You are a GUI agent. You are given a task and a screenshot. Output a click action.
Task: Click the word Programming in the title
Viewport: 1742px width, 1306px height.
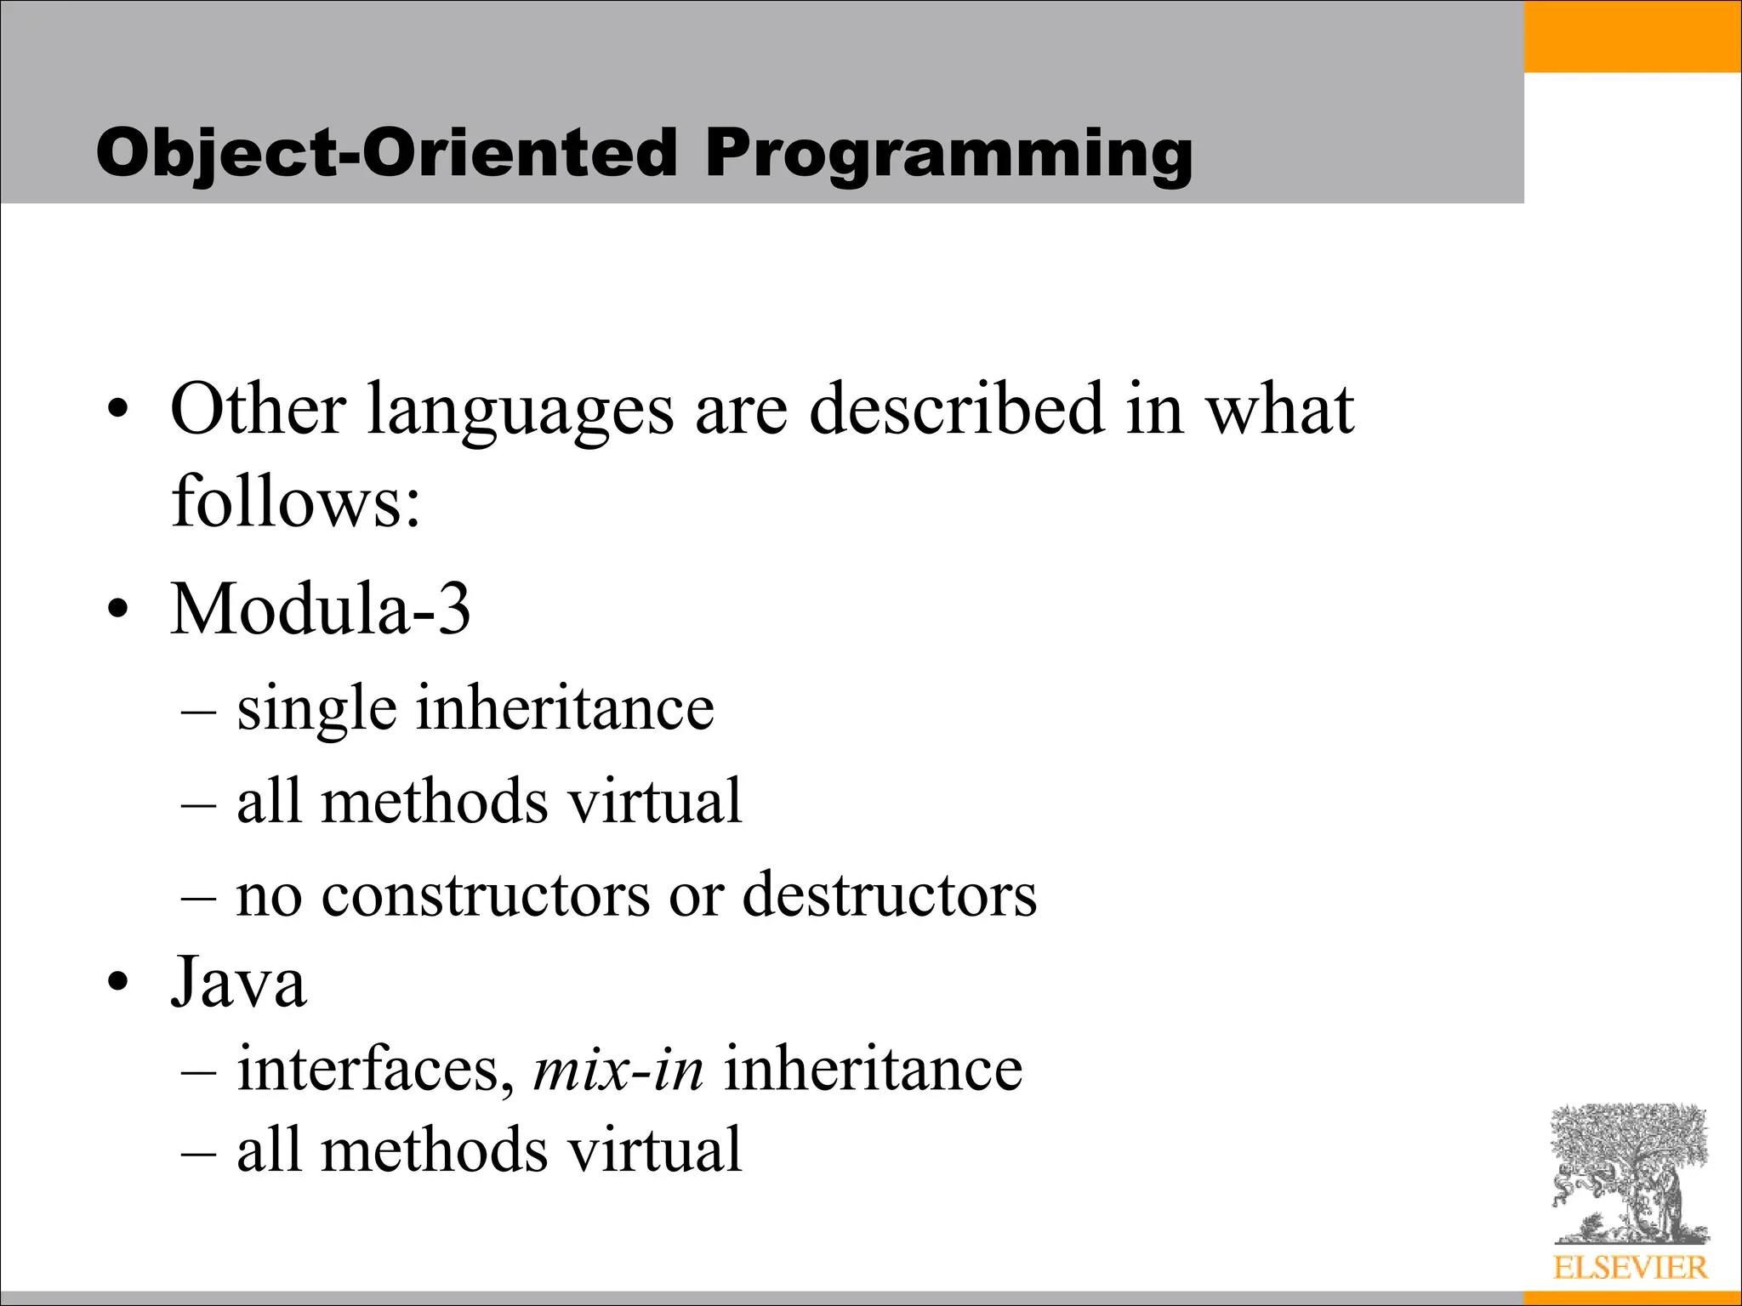(x=948, y=155)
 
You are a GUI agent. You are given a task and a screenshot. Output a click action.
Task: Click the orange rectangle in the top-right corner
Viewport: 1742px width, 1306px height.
(x=1631, y=36)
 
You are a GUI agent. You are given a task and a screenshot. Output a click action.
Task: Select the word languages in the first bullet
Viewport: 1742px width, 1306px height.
(x=520, y=412)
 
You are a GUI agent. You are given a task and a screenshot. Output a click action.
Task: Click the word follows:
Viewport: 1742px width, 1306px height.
(x=295, y=502)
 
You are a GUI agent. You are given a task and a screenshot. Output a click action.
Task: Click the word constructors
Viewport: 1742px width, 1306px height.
(x=485, y=895)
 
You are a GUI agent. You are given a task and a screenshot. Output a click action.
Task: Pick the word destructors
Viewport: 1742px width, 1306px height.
(x=889, y=895)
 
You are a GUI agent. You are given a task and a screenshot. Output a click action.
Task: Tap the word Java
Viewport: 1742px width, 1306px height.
(x=238, y=982)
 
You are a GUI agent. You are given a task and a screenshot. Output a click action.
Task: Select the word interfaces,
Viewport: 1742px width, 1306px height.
(x=374, y=1069)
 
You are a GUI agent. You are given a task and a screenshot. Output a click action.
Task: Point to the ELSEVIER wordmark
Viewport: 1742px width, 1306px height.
(x=1630, y=1268)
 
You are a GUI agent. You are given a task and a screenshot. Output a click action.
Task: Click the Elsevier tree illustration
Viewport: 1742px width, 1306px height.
(x=1629, y=1173)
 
